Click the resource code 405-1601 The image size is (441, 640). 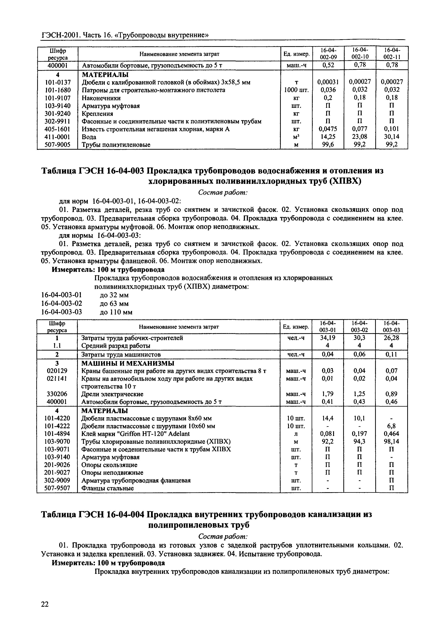tap(58, 129)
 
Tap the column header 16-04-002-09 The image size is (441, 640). tap(328, 53)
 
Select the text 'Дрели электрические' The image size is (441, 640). tap(112, 394)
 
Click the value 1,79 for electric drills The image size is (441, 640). tap(328, 394)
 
